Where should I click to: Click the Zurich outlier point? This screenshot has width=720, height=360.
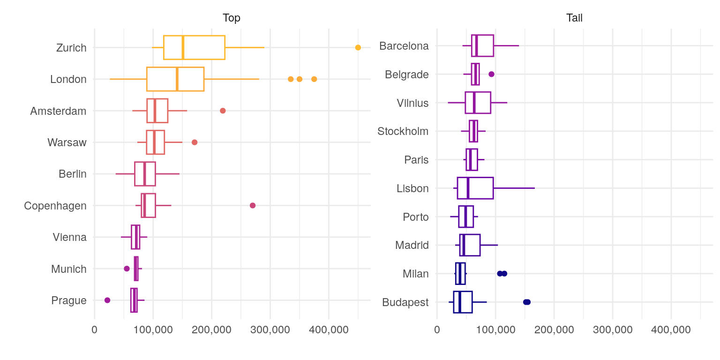click(358, 47)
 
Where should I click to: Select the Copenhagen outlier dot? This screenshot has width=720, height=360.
click(253, 205)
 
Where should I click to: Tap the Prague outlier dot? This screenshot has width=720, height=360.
click(107, 300)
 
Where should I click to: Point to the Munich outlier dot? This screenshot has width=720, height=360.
click(127, 269)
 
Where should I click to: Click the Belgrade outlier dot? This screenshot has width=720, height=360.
click(491, 74)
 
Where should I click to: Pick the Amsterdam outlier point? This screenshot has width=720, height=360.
click(223, 111)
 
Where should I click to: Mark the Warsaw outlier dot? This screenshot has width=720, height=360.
click(195, 142)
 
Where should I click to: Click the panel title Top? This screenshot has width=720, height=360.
click(232, 18)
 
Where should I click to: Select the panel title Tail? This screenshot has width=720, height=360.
click(574, 18)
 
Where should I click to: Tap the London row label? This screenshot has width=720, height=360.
click(68, 79)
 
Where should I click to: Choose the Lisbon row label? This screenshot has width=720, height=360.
click(412, 188)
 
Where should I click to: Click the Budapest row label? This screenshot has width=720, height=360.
click(405, 302)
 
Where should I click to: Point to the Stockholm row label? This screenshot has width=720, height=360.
click(403, 131)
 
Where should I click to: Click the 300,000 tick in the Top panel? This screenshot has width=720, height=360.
click(270, 330)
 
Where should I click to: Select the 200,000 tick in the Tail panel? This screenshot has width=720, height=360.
click(554, 330)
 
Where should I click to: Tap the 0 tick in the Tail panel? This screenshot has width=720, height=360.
click(437, 330)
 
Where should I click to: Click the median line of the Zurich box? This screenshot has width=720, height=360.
click(183, 47)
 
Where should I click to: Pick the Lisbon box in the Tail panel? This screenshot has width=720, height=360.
click(475, 188)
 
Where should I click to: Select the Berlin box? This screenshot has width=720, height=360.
click(145, 174)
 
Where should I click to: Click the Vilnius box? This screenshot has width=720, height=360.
click(478, 103)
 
